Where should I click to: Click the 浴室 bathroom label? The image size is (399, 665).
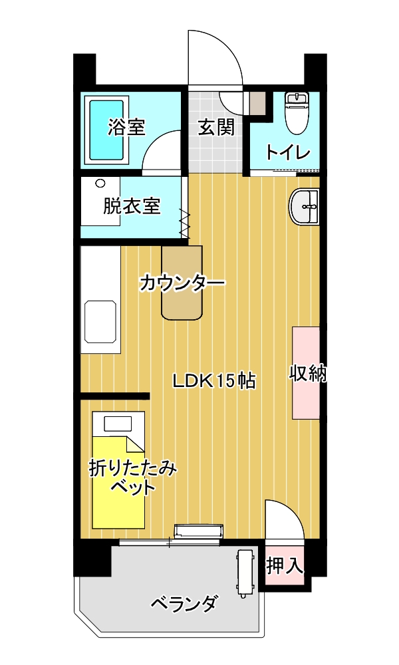[126, 127]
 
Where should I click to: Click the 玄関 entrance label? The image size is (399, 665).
[216, 127]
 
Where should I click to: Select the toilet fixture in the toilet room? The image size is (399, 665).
[297, 112]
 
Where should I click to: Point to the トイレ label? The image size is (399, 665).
[289, 152]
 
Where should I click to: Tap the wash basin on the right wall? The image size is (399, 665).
[304, 207]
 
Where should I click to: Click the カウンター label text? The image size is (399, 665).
[182, 283]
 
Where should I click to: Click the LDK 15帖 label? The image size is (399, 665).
[213, 381]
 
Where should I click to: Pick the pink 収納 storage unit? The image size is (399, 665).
[306, 373]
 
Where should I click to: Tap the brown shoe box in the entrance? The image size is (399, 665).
[257, 102]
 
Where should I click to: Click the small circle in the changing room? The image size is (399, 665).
[100, 184]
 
